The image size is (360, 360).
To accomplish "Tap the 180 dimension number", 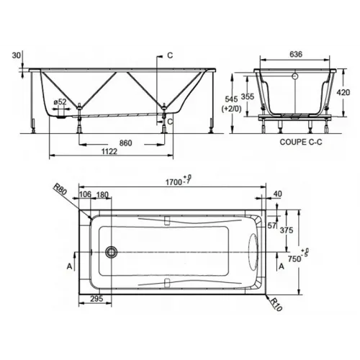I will [104, 194].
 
